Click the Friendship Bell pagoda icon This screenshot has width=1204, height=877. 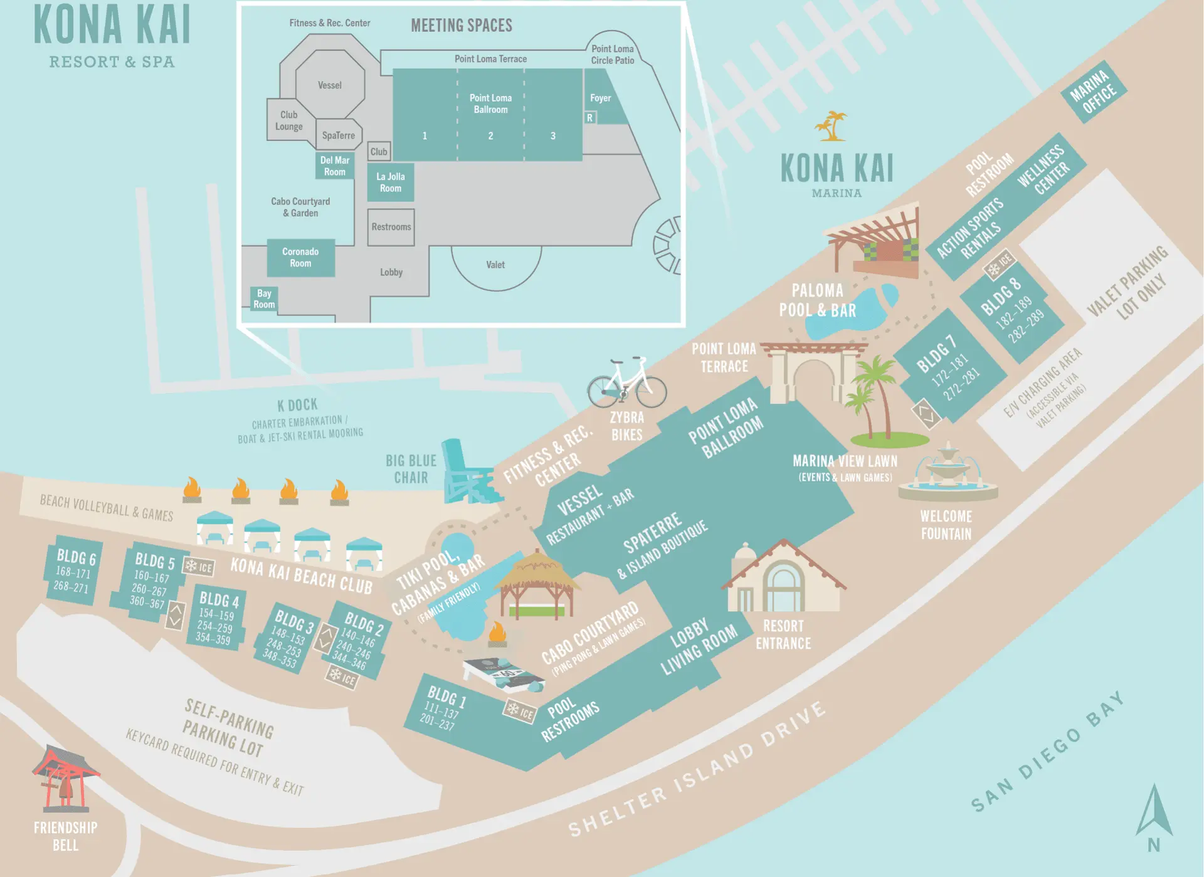[x=65, y=777]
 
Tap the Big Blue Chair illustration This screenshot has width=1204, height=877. [x=468, y=473]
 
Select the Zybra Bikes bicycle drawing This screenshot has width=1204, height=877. [x=626, y=384]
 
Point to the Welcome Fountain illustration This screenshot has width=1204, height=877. [x=948, y=473]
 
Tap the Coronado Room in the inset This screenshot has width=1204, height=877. [x=300, y=258]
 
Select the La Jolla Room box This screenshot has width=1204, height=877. [x=390, y=182]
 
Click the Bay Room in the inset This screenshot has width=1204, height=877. [x=264, y=299]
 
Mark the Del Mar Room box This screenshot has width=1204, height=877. [x=335, y=166]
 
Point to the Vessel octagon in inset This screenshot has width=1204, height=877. [x=330, y=85]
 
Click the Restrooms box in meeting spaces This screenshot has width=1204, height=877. [x=391, y=227]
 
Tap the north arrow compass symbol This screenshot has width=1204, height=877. [x=1154, y=815]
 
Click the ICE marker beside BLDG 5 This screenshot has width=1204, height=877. [x=199, y=567]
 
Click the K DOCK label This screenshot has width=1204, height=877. [x=297, y=405]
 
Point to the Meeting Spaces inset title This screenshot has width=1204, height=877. [x=462, y=26]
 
